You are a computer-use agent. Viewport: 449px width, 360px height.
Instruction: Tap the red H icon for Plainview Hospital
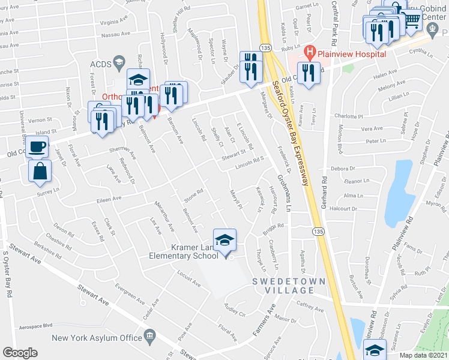(x=310, y=52)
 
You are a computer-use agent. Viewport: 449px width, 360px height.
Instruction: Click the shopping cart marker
(x=412, y=19)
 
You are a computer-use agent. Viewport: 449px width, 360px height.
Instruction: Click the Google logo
(x=20, y=353)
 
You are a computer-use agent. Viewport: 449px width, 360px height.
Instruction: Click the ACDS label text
(x=97, y=63)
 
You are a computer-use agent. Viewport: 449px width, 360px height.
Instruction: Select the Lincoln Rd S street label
(x=250, y=160)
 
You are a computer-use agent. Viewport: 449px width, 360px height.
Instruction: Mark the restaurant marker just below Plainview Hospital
(x=309, y=73)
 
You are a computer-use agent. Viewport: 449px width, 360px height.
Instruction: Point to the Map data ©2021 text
(x=423, y=355)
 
